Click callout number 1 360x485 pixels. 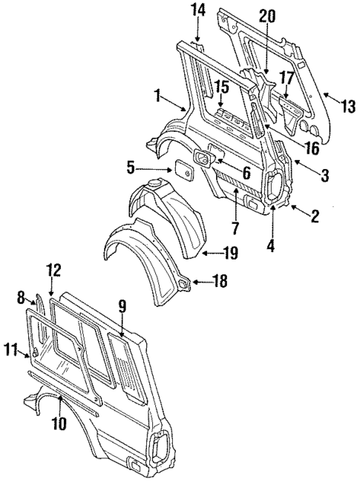pyautogui.click(x=157, y=94)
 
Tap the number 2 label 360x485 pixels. pyautogui.click(x=315, y=217)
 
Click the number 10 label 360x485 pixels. pyautogui.click(x=59, y=424)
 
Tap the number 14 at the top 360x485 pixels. pyautogui.click(x=197, y=10)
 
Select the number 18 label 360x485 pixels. pyautogui.click(x=220, y=281)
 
